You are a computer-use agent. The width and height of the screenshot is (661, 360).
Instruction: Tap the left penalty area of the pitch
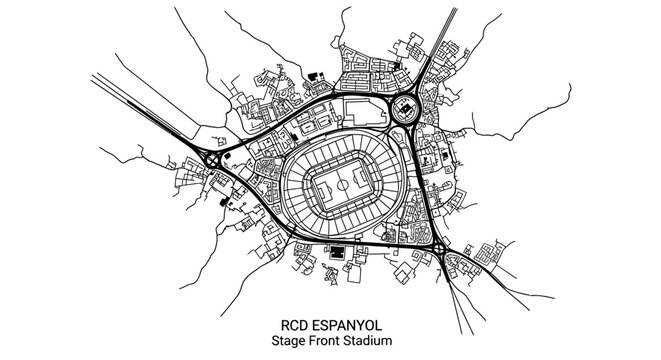coord(313,186)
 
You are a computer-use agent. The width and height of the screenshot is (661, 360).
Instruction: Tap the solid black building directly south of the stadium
coord(338,251)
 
